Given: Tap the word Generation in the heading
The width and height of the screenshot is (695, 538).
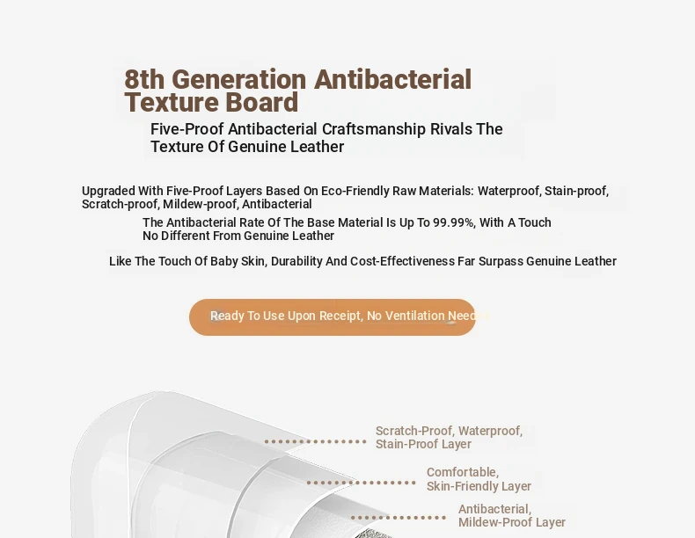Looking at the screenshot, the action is tap(239, 80).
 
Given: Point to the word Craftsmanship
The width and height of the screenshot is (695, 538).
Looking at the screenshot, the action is tap(374, 129).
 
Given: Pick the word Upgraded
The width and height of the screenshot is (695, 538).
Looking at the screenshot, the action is tap(108, 192).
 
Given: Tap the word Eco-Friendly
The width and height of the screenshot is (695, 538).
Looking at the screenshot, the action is tap(355, 192).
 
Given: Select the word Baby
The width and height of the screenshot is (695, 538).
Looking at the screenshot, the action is tap(223, 261).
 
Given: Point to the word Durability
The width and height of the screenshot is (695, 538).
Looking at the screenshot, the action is tap(296, 261).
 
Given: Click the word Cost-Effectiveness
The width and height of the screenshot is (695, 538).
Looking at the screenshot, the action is tap(402, 261).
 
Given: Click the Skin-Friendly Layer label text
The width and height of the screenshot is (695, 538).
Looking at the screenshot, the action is tap(479, 486).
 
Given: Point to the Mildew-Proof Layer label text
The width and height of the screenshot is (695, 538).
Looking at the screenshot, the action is tap(512, 522).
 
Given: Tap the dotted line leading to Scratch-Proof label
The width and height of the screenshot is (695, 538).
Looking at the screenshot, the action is tap(315, 441).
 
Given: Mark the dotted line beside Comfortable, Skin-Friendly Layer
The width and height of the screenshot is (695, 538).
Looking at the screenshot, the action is tap(362, 483).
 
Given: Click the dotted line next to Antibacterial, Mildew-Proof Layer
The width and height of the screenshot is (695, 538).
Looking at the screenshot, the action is tap(399, 518).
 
